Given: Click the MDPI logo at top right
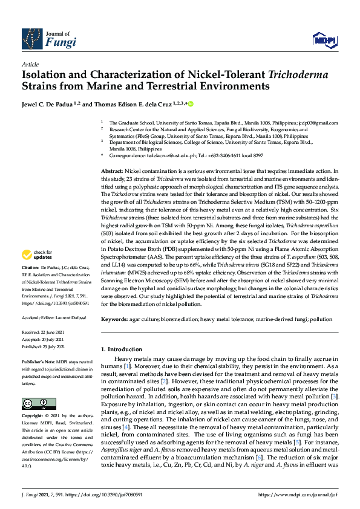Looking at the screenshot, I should [325, 41].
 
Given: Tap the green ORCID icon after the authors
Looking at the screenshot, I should [191, 105].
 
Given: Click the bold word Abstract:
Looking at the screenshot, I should [112, 172].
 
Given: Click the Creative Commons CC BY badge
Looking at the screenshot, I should [34, 404].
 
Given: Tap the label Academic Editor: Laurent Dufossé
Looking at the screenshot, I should [54, 317].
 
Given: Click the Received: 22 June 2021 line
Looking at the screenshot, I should [44, 333].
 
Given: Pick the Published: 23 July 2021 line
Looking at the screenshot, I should [45, 348].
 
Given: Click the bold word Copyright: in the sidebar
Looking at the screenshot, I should [32, 417].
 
